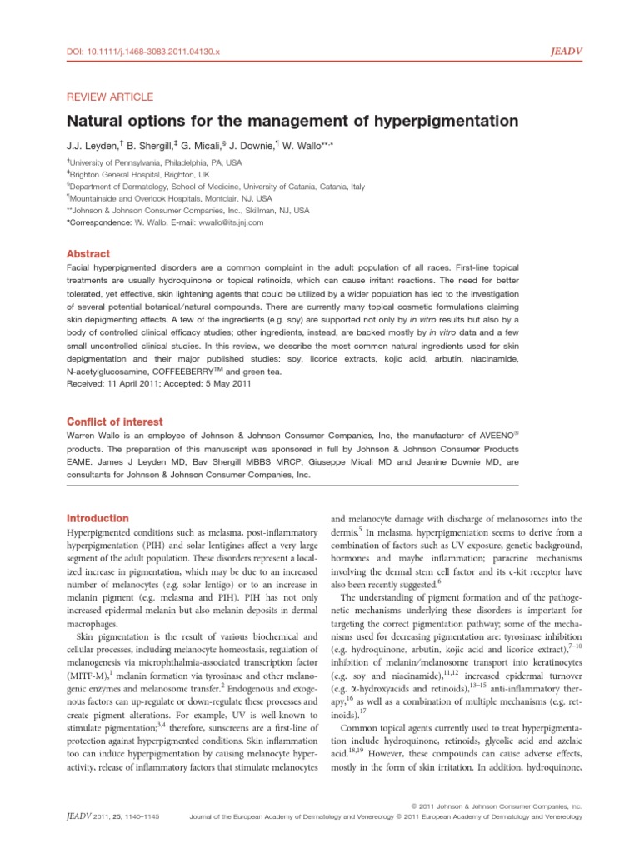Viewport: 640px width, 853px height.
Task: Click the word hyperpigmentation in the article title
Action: pos(437,122)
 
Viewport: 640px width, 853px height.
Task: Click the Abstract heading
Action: pos(88,254)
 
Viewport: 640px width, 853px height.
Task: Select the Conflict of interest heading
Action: pos(114,422)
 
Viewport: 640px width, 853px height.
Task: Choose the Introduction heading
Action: pos(97,518)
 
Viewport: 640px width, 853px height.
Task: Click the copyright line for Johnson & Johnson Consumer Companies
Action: pos(497,806)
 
